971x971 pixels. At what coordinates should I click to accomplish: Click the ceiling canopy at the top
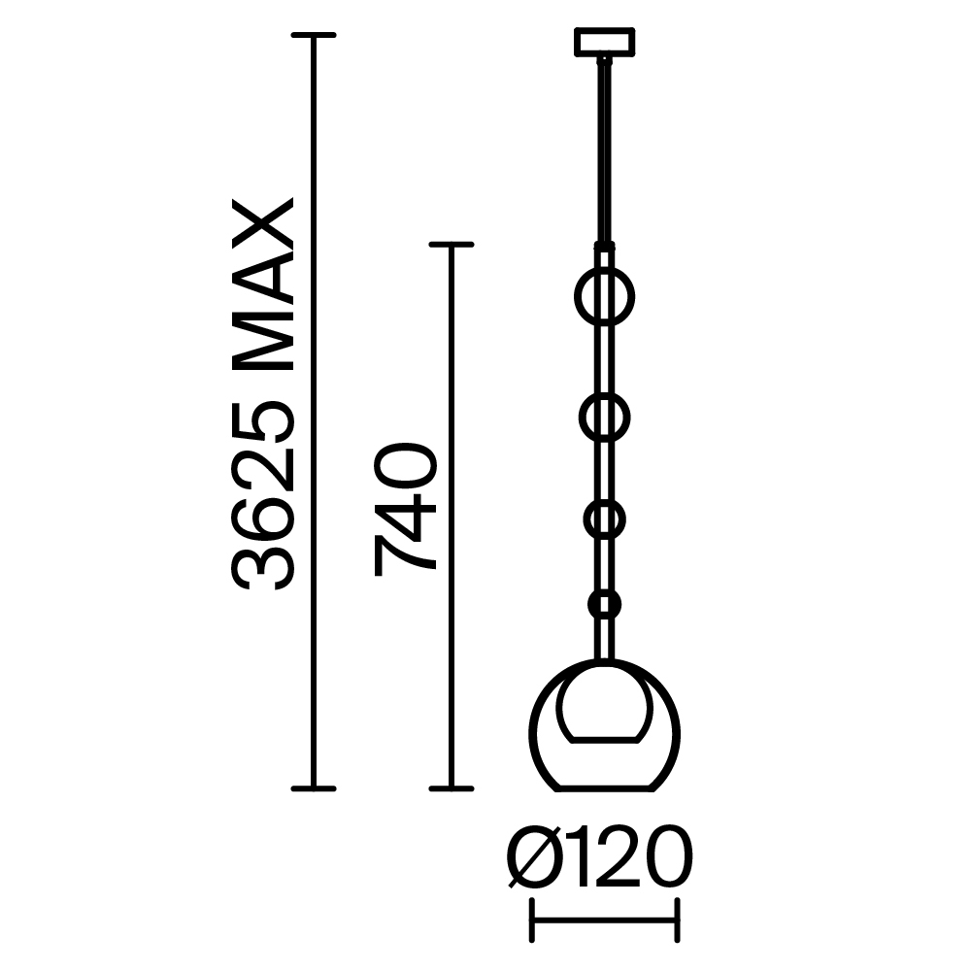[604, 43]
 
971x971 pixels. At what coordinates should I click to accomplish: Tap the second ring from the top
[604, 419]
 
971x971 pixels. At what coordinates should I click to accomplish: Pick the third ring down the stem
[604, 519]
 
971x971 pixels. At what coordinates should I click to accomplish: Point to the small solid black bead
[604, 605]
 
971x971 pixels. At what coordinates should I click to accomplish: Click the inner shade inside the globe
[604, 703]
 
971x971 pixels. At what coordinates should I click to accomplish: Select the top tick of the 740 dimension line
[451, 244]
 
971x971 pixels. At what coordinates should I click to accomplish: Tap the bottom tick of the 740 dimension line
[451, 787]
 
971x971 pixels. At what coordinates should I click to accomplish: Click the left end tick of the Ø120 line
[531, 921]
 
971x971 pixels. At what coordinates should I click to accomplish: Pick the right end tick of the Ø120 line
[677, 921]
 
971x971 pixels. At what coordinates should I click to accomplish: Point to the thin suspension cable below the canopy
[604, 146]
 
